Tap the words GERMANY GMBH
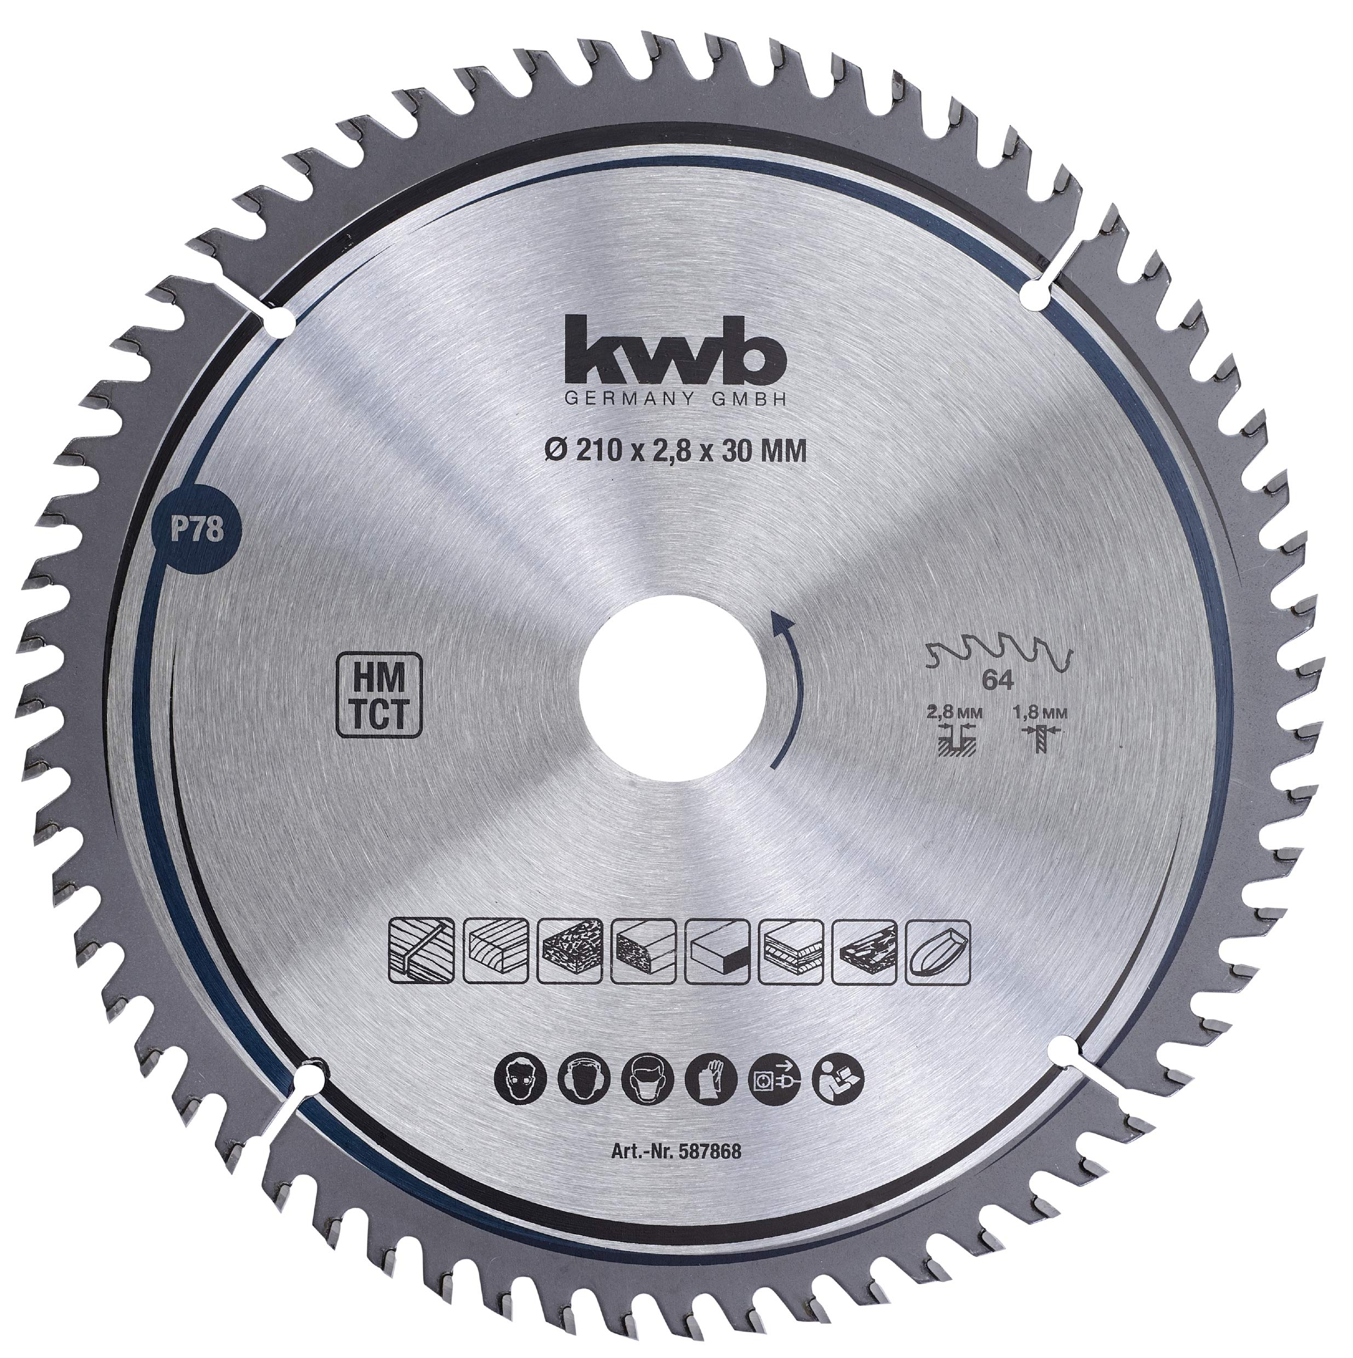(676, 399)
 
